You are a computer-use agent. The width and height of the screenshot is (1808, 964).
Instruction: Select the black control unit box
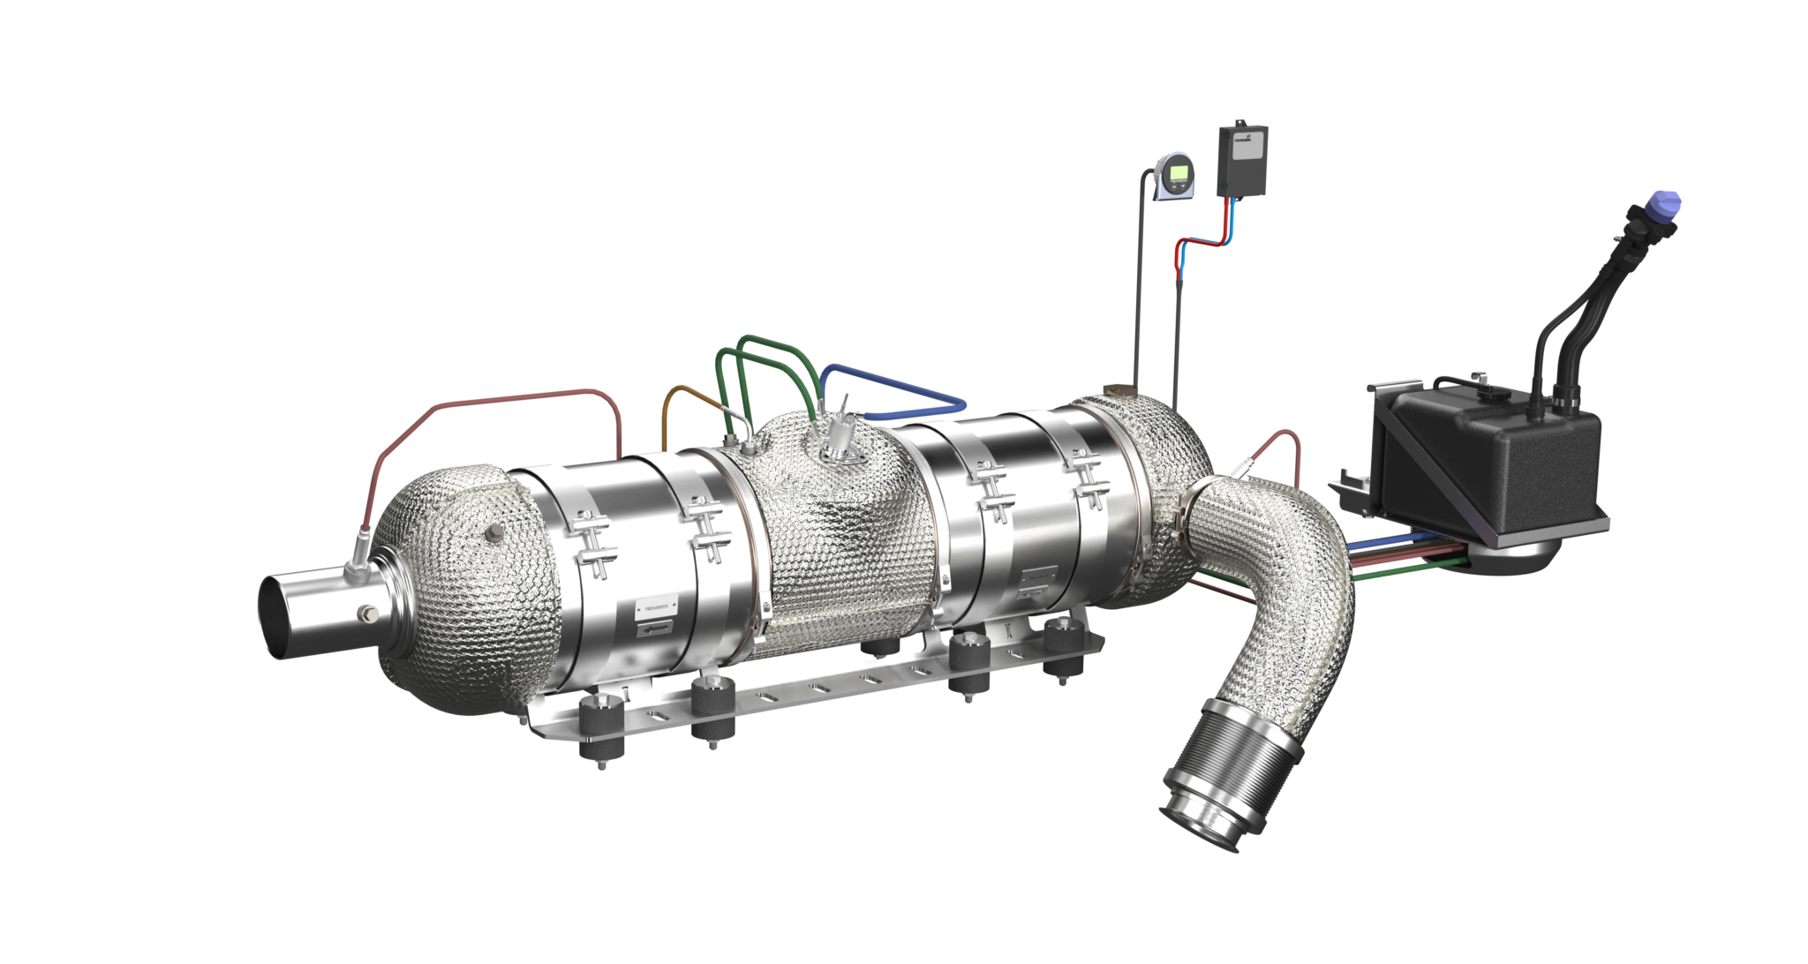1242,158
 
